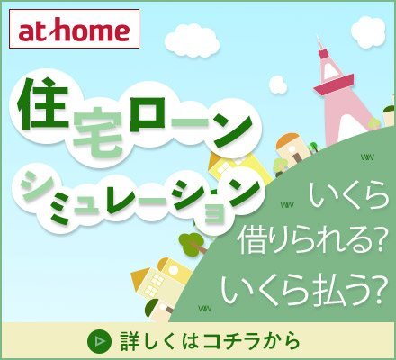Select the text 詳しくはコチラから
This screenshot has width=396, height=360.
point(209,341)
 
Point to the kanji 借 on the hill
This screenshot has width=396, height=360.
point(250,241)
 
